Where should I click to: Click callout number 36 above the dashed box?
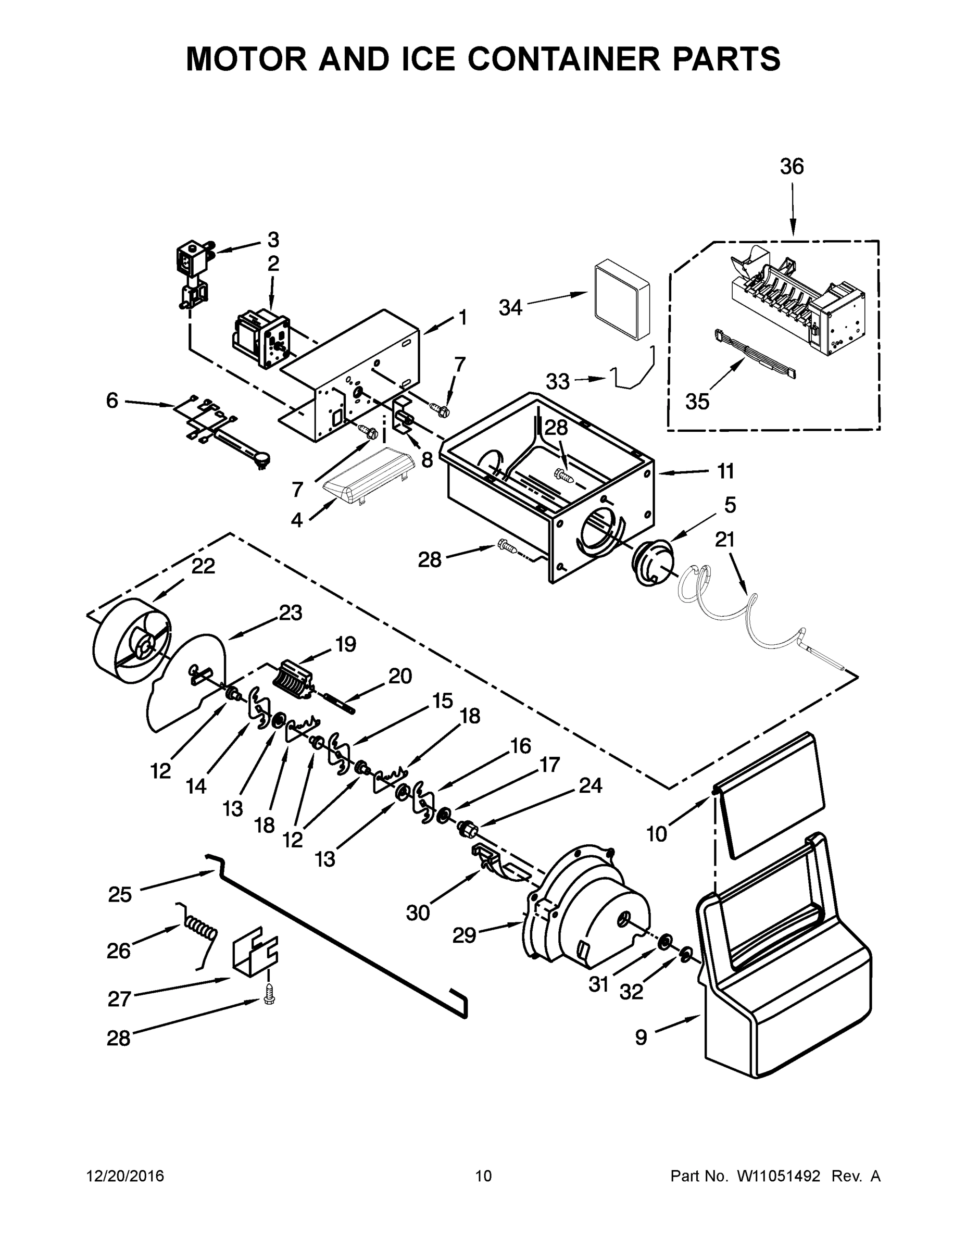tap(792, 167)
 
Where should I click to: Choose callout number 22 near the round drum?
tap(203, 566)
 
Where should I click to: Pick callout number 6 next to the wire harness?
tap(112, 401)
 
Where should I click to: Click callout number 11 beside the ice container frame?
tap(725, 471)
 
